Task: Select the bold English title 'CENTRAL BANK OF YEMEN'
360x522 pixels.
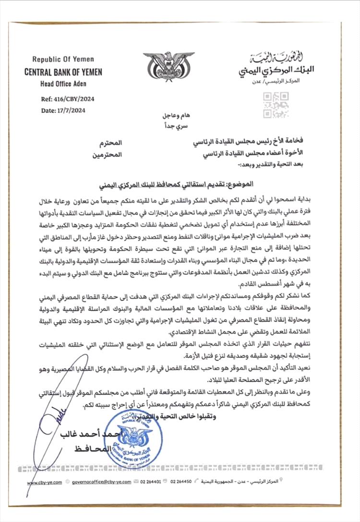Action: pos(63,72)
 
